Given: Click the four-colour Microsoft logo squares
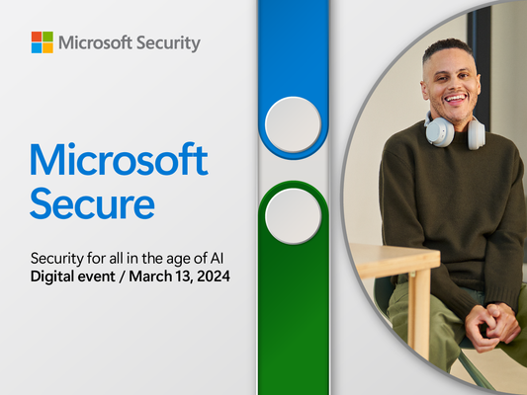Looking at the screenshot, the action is pos(43,42).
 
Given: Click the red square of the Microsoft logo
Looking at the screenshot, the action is pos(37,37).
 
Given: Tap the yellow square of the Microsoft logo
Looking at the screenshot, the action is pos(48,48).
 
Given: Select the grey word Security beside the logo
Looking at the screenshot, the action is pos(168,43).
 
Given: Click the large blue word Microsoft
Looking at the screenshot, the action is pos(119,160).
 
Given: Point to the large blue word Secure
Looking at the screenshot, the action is pos(92,203).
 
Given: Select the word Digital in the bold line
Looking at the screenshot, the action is pos(52,276).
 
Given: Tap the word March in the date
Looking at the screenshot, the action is pos(150,276).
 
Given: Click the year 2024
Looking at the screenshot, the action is pos(214,276).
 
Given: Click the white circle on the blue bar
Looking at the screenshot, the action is pos(293,124).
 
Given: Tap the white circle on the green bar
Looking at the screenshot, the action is pos(293,216).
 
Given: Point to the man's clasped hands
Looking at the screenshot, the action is pos(493,327).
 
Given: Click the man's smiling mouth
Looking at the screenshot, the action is pos(455,99).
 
